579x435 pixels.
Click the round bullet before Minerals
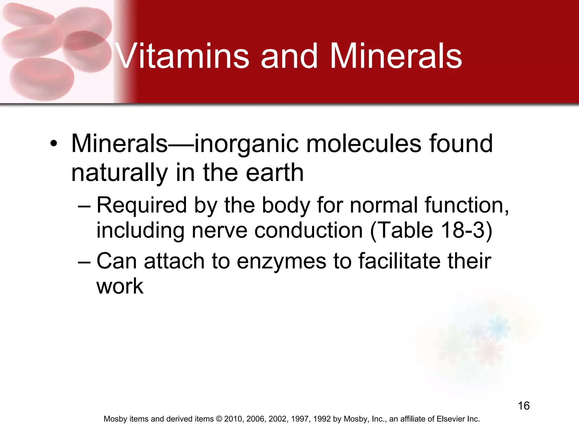click(54, 144)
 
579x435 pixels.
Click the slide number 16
click(524, 406)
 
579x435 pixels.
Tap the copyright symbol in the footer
click(219, 419)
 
